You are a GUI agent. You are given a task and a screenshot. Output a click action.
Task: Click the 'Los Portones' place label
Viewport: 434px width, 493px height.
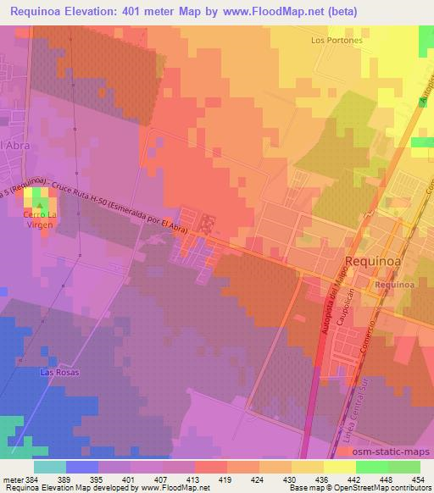click(337, 40)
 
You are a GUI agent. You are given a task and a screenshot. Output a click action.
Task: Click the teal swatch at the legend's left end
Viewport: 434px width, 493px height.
click(50, 467)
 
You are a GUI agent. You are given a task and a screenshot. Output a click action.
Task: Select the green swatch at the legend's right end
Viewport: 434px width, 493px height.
click(404, 467)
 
